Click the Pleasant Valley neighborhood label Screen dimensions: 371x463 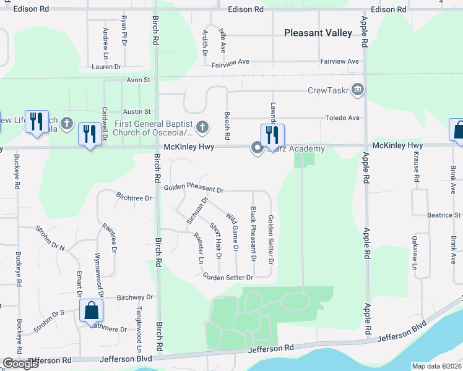[x=318, y=33]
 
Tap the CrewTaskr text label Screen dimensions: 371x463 [x=327, y=90]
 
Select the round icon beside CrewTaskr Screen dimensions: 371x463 [x=357, y=90]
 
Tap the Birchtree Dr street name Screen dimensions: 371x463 [x=133, y=197]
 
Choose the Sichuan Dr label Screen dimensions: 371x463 [x=196, y=211]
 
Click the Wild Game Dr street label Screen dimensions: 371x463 [x=232, y=232]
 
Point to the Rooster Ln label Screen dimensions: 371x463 [x=199, y=248]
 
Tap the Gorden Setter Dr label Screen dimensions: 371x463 [x=228, y=277]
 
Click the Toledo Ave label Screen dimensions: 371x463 [x=344, y=118]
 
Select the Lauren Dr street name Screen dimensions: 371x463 [x=108, y=67]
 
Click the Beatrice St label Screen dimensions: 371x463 [x=444, y=215]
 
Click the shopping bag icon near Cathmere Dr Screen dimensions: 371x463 [x=91, y=312]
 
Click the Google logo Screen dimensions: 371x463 [x=20, y=364]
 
